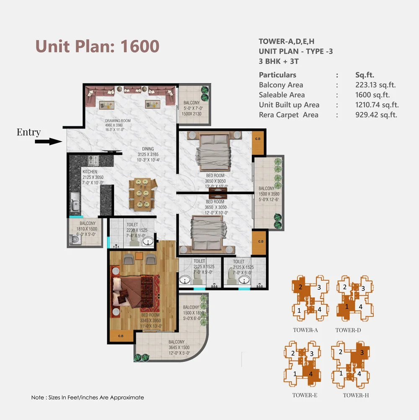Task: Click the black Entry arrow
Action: (48, 142)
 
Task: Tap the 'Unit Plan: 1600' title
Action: (97, 46)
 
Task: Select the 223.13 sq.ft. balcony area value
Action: (375, 85)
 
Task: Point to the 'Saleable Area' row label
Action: (282, 95)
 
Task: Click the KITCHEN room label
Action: (90, 172)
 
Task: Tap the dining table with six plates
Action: (142, 194)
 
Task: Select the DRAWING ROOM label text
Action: (118, 121)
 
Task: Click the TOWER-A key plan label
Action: (305, 330)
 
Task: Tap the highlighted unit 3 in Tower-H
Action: (362, 353)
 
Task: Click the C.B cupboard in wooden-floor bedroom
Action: (120, 335)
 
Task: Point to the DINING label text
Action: (147, 149)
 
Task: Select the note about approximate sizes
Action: (88, 397)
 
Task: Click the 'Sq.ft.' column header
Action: (367, 75)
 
